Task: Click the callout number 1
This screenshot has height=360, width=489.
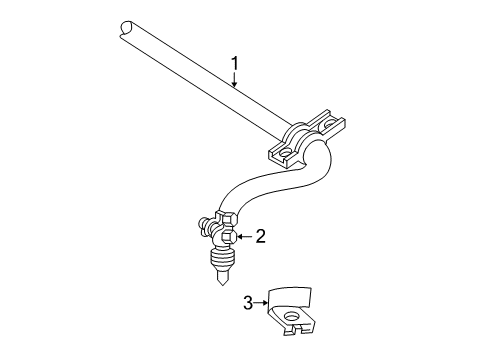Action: [235, 65]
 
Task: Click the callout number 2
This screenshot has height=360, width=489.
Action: [259, 236]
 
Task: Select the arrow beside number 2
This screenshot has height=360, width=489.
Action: [241, 237]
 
